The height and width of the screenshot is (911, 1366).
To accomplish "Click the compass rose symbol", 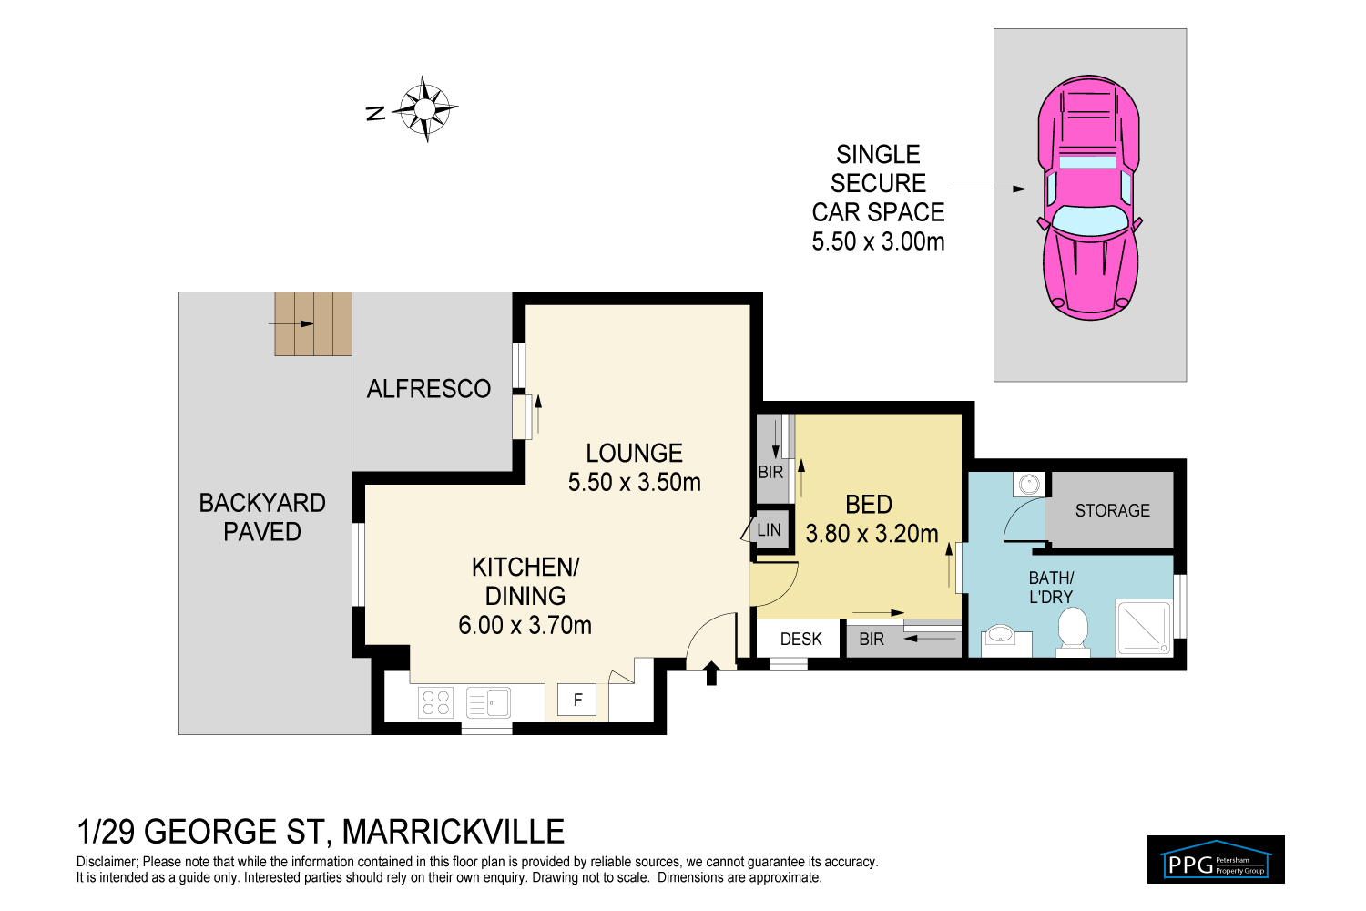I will coord(424,109).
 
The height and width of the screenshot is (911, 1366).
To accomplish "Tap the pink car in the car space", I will coord(1089,198).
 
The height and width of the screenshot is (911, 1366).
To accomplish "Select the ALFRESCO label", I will coord(429,389).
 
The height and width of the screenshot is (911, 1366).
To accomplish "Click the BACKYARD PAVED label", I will coord(262,517).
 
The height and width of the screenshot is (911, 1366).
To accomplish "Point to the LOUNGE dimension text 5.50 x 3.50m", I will coord(634,483).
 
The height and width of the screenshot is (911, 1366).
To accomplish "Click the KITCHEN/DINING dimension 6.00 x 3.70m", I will coord(525,626).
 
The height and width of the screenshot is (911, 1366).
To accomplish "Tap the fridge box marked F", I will coord(576,700).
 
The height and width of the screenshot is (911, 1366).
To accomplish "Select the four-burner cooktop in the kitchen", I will coord(435,702).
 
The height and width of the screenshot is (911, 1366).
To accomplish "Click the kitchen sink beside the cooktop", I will coord(488,702).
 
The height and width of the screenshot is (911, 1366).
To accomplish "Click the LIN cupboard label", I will coord(770,530).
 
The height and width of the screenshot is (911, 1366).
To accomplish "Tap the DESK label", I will coord(800,640).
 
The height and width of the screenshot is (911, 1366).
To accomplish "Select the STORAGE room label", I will coord(1112,511).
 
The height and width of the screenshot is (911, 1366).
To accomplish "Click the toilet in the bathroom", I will coord(1073,631).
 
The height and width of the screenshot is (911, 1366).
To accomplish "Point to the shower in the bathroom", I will coord(1144,628).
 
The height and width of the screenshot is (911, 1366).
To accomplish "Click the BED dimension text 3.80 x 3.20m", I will coord(872,534).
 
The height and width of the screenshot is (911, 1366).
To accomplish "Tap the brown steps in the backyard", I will coord(313,323).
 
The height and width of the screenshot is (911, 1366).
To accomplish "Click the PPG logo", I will coord(1216,860).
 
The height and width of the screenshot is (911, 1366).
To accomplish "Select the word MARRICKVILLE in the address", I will coord(453,832).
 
